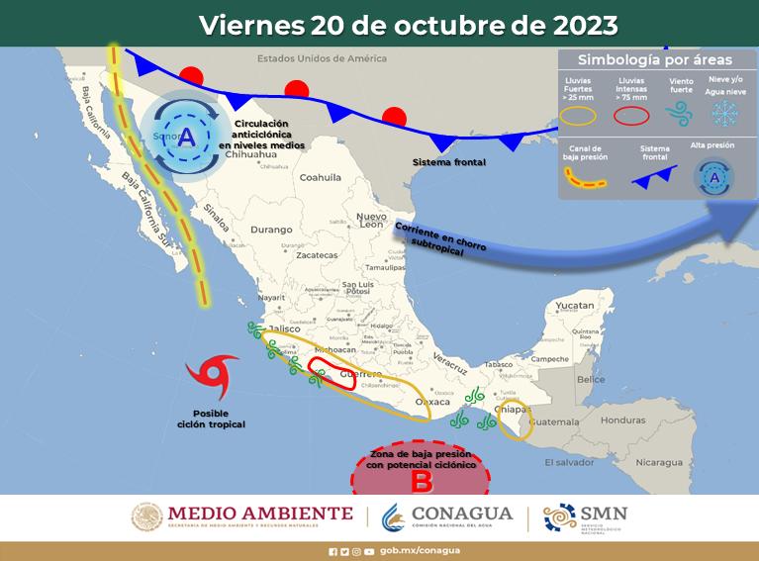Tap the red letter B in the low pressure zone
coord(421,482)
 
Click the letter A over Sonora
coord(186,138)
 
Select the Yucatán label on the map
coord(574,306)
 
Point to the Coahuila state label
coord(320,178)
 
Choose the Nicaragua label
coord(658,462)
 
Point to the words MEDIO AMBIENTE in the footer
coord(260,513)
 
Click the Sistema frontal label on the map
coord(450,161)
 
